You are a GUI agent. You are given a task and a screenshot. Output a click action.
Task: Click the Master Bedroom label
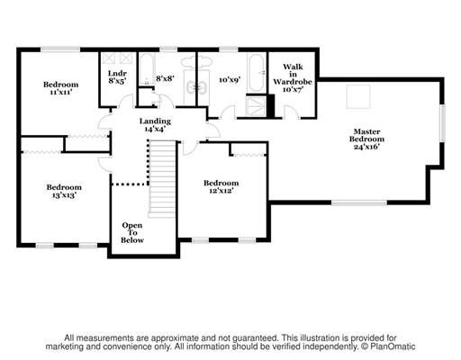pyautogui.click(x=366, y=139)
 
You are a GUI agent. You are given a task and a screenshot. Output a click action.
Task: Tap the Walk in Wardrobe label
pyautogui.click(x=293, y=78)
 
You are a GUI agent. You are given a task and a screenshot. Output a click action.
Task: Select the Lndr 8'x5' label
pyautogui.click(x=117, y=77)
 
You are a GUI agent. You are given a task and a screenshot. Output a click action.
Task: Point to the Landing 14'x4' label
pyautogui.click(x=155, y=125)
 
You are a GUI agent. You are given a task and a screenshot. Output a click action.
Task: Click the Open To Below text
pyautogui.click(x=132, y=233)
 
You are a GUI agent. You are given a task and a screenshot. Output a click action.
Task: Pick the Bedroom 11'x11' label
pyautogui.click(x=60, y=88)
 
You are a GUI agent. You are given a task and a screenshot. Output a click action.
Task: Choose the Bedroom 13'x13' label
pyautogui.click(x=64, y=191)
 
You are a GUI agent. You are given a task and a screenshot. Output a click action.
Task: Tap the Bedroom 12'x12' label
pyautogui.click(x=221, y=186)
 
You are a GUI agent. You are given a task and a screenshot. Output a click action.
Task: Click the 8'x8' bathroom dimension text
pyautogui.click(x=165, y=78)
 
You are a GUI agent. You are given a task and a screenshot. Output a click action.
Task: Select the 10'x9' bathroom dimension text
pyautogui.click(x=230, y=80)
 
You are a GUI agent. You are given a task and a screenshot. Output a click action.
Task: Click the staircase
pyautogui.click(x=162, y=178)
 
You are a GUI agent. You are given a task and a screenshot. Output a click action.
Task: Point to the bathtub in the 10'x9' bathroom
pyautogui.click(x=257, y=73)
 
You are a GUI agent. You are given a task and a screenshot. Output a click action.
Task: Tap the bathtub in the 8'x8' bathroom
pyautogui.click(x=147, y=69)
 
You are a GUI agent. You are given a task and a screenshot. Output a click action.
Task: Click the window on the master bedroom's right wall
pyautogui.click(x=442, y=123)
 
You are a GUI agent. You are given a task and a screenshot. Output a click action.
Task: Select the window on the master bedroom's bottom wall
pyautogui.click(x=359, y=203)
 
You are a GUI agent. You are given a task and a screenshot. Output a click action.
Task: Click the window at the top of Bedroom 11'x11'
pyautogui.click(x=60, y=49)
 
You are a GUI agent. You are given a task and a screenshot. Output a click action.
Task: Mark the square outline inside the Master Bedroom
pyautogui.click(x=358, y=96)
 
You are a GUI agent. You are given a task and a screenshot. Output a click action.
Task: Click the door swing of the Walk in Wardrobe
pyautogui.click(x=291, y=112)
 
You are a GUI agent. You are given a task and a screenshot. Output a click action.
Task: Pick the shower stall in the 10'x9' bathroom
pyautogui.click(x=256, y=105)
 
